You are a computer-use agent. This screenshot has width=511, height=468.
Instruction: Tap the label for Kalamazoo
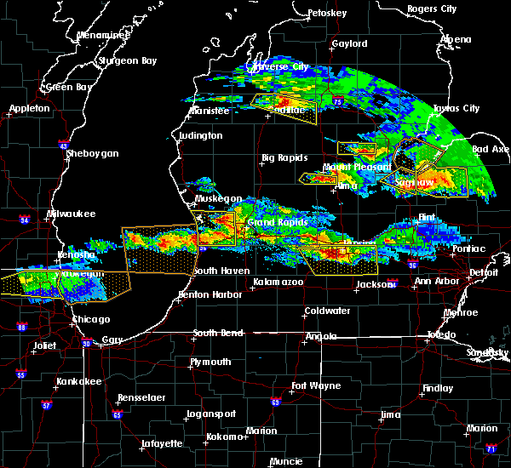click(278, 282)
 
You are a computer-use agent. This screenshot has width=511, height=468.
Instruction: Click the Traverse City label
click(277, 66)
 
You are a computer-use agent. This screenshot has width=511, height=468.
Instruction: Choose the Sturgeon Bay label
click(127, 60)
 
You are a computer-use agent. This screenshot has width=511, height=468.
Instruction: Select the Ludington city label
click(201, 135)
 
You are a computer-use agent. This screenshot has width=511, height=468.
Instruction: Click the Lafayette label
click(162, 443)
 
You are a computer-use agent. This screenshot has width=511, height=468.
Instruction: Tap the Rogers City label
click(432, 9)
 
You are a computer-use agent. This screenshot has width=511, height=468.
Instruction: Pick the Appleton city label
click(30, 109)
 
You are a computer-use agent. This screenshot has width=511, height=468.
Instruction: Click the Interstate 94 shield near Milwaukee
click(25, 220)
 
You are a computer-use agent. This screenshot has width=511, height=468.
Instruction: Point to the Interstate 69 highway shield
click(275, 402)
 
